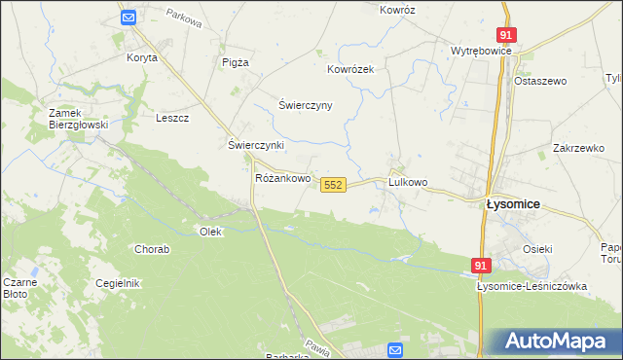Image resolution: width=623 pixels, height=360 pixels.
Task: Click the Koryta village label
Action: click(x=141, y=57)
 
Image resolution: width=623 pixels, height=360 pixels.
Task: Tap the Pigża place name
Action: click(x=236, y=61)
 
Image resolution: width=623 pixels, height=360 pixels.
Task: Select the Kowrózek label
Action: click(x=350, y=70)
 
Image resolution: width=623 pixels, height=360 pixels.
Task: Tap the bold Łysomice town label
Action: click(x=513, y=204)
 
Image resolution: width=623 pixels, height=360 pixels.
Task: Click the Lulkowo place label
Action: click(x=408, y=182)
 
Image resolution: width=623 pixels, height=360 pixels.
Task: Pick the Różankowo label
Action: click(x=282, y=179)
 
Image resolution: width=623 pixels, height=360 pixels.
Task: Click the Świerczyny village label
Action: click(x=306, y=105)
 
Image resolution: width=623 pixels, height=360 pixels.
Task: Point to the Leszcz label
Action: click(x=171, y=118)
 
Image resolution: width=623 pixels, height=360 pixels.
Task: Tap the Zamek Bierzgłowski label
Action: click(x=78, y=119)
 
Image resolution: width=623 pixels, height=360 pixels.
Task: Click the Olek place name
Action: click(x=211, y=232)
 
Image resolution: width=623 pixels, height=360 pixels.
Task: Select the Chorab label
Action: click(x=153, y=249)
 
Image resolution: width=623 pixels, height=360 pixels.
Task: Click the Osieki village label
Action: click(x=537, y=249)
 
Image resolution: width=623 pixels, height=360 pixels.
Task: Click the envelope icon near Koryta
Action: click(x=128, y=18)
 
